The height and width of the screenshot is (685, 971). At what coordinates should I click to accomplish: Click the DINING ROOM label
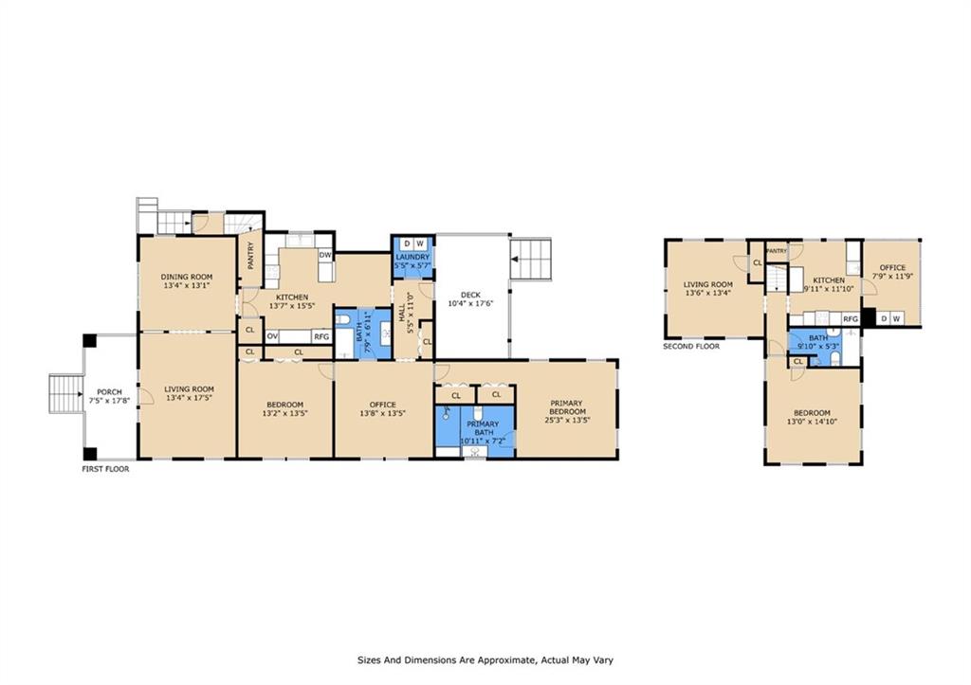point(187,277)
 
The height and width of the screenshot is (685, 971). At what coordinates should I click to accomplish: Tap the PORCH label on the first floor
point(109,391)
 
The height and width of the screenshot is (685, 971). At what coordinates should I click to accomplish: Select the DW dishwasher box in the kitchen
point(325,255)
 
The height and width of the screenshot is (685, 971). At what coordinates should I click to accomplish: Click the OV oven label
point(272,336)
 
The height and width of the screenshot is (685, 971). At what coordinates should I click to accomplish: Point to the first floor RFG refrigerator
point(321,336)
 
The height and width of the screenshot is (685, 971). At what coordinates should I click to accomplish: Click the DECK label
point(470,295)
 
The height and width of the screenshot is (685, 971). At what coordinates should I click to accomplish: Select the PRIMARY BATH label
point(483,428)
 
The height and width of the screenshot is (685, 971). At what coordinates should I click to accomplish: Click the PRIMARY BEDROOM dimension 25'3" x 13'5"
point(567,420)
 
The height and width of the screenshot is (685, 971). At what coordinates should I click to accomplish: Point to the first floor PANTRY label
point(250,254)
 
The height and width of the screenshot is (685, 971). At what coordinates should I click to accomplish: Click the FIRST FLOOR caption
point(106,469)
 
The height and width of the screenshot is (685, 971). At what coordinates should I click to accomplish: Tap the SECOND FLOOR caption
point(691,347)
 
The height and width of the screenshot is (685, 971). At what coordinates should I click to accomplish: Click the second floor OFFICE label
point(892,267)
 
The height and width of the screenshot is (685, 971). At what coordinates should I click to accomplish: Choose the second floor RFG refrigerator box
point(851,318)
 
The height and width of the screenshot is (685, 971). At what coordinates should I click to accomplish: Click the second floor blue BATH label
point(818,338)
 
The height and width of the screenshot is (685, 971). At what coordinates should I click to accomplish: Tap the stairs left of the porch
point(65,393)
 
